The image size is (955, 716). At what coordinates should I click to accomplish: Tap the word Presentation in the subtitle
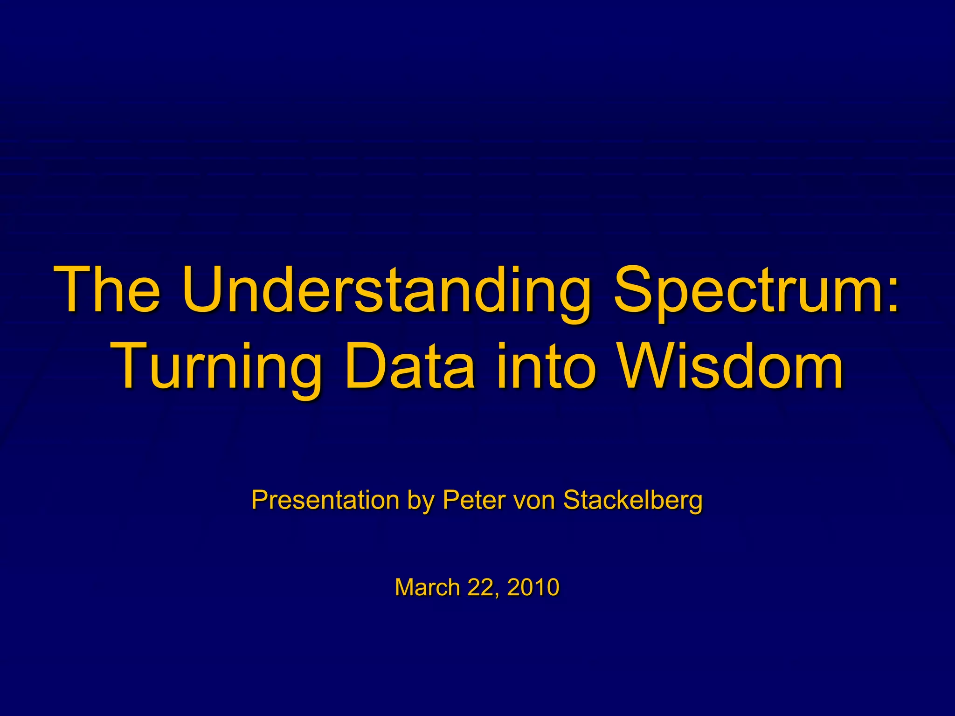pyautogui.click(x=325, y=500)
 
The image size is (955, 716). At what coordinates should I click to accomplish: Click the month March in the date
pyautogui.click(x=427, y=587)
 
